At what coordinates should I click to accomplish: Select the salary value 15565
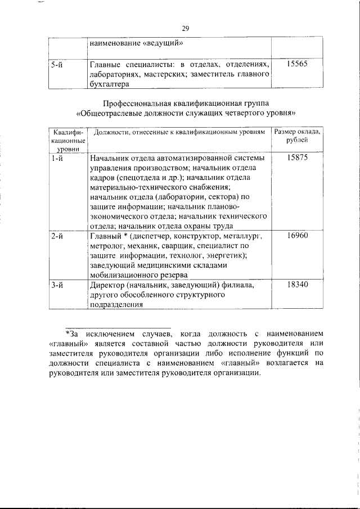[x=296, y=65]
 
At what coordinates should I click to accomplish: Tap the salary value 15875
[x=296, y=159]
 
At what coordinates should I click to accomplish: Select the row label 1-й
[x=56, y=159]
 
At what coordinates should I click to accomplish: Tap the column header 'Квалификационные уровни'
[x=67, y=139]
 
